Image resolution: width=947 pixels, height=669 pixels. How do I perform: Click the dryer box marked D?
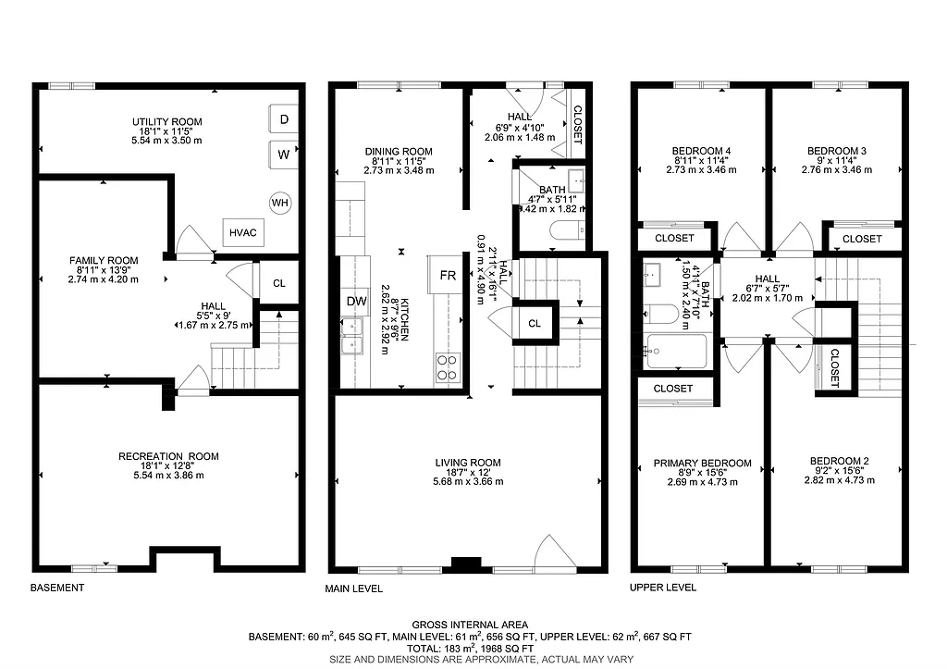(x=283, y=119)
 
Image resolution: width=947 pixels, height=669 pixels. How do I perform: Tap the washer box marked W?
(x=283, y=155)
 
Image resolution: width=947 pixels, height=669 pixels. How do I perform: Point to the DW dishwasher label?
(x=356, y=301)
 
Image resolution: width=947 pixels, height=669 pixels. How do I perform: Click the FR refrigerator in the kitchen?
(x=447, y=276)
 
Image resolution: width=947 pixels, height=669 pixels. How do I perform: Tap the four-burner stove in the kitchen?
(x=447, y=367)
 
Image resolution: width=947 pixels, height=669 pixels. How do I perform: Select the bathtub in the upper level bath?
(x=676, y=352)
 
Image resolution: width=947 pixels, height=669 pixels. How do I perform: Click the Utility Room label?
(x=166, y=121)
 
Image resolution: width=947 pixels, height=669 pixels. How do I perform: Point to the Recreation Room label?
(x=167, y=456)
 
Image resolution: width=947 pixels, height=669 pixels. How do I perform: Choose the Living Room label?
(x=468, y=463)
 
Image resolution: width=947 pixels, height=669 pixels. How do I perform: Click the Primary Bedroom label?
(x=703, y=464)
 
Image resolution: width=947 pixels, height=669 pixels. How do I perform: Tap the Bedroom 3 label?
(x=836, y=151)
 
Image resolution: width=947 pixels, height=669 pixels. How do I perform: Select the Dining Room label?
(x=399, y=152)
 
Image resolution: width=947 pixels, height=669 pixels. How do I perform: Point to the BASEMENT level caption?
(x=57, y=588)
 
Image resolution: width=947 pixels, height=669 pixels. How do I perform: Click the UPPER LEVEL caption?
(x=663, y=588)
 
